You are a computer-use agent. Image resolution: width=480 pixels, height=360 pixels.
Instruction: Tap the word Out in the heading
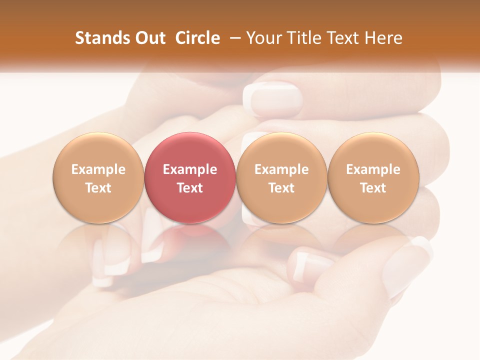[x=149, y=38]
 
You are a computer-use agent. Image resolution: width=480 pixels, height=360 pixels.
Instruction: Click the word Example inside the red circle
[x=189, y=169]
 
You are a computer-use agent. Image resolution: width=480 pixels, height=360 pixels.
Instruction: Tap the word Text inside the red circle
[x=189, y=187]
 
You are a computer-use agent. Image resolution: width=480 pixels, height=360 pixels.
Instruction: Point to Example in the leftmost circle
[x=98, y=169]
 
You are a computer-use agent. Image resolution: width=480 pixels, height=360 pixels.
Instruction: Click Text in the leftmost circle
[x=98, y=187]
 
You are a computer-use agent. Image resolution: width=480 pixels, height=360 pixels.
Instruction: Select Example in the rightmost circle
[x=373, y=169]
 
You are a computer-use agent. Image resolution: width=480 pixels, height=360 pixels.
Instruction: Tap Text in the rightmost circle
[x=373, y=187]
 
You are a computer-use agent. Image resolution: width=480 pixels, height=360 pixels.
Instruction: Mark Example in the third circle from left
[x=281, y=169]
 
